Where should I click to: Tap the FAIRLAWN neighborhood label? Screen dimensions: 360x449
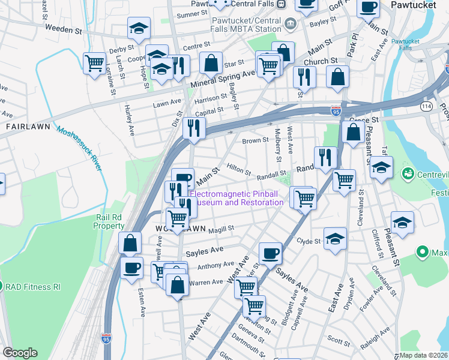23,127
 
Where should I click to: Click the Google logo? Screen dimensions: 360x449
20,353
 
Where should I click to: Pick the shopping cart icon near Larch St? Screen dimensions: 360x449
94,62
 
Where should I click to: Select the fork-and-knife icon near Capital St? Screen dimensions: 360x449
194,127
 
